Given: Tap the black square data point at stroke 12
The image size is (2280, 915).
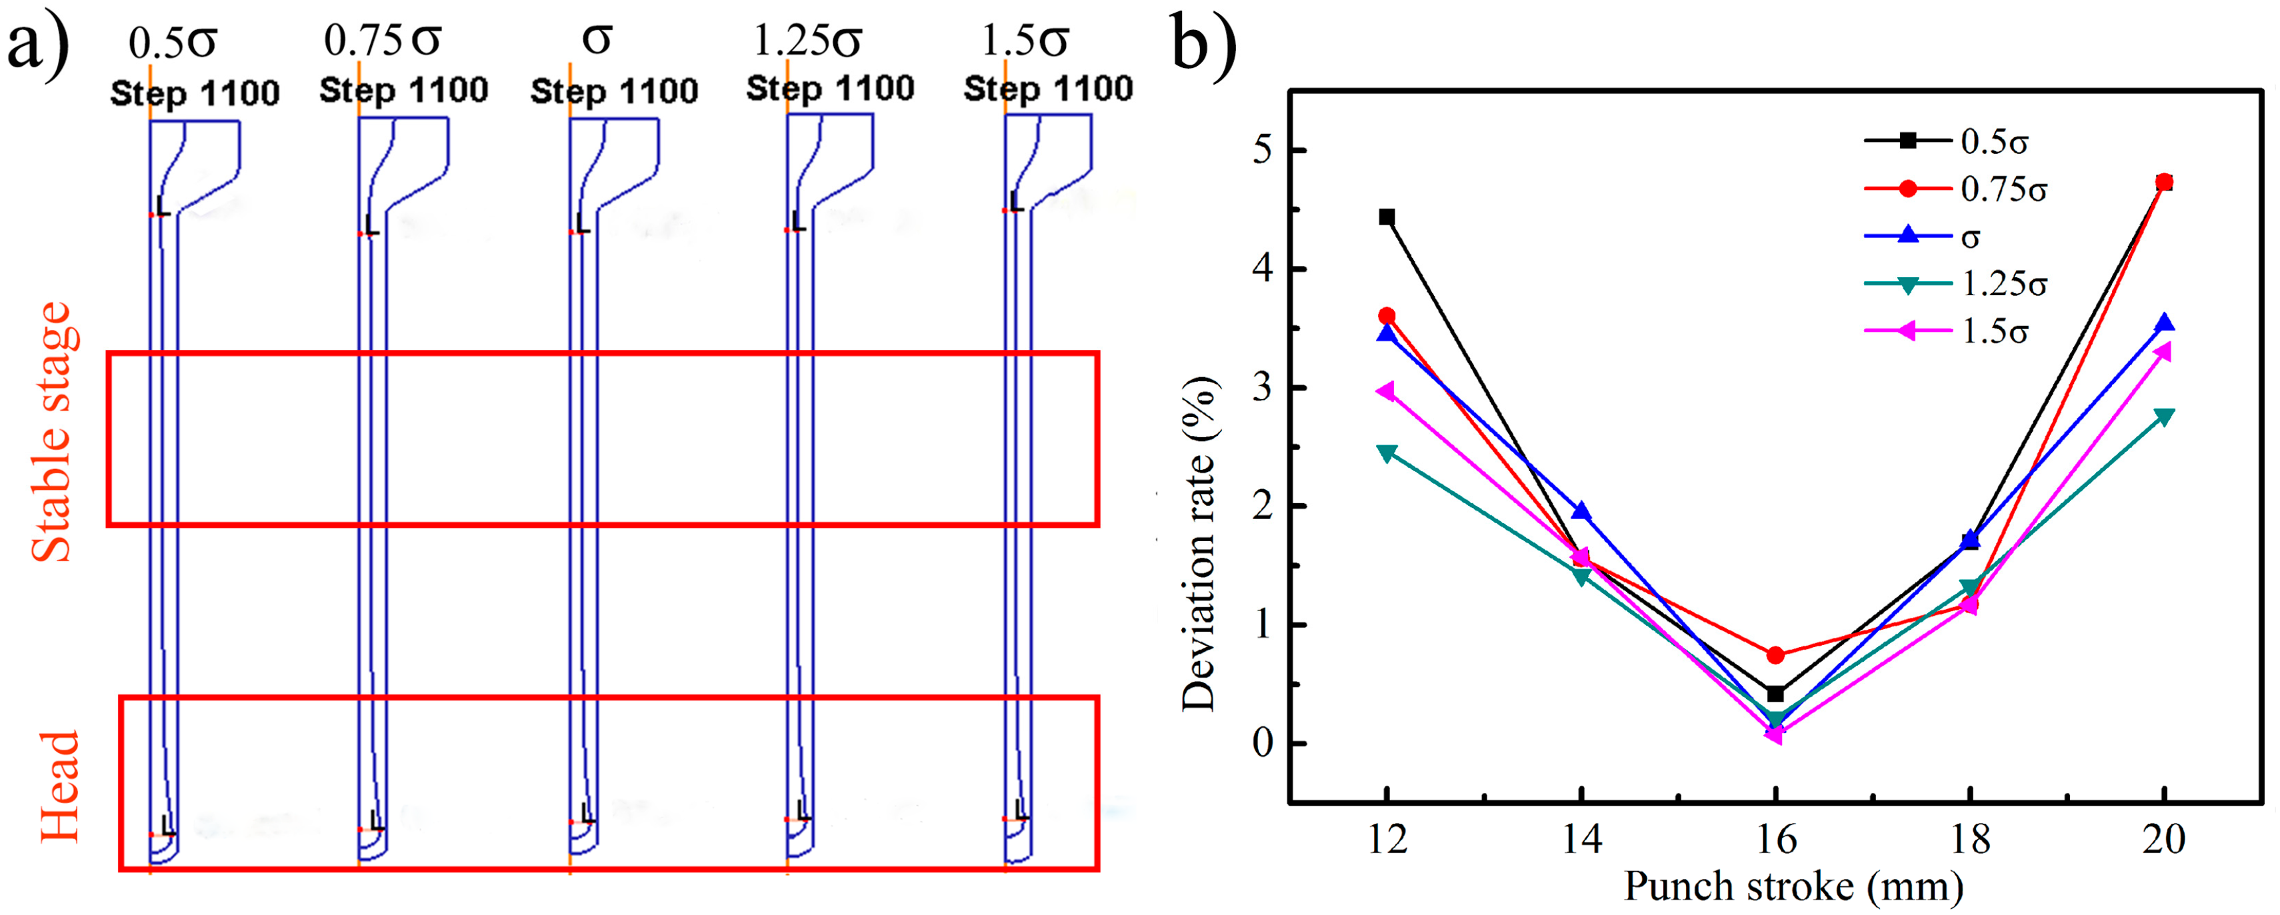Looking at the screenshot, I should pos(1387,217).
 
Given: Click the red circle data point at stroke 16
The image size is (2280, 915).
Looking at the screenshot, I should pos(1775,655).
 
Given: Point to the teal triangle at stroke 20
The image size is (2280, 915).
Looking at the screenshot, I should pos(2164,417).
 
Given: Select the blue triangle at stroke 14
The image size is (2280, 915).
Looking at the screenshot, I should pos(1581,511).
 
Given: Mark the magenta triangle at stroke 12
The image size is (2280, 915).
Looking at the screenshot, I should pos(1387,391).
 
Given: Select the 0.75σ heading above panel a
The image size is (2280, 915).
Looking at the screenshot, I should pos(383,40).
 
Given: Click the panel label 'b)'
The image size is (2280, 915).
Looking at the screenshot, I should pos(1204,43).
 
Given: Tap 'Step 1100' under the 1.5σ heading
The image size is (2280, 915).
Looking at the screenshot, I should pos(1048,89).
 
